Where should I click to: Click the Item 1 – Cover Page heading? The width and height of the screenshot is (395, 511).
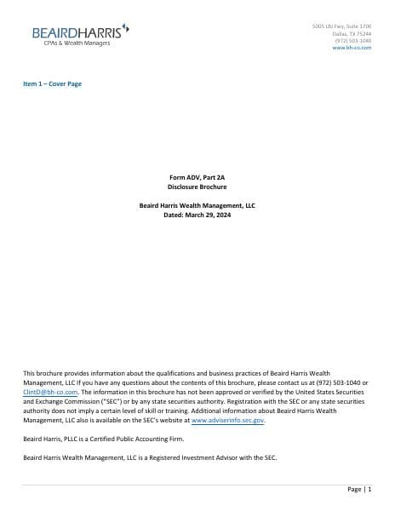[x=52, y=83]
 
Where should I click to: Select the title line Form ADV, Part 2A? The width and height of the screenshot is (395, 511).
[x=197, y=176]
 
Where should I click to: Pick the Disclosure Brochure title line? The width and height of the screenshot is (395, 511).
[x=197, y=186]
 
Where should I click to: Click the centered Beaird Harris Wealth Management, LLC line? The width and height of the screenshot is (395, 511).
[x=197, y=205]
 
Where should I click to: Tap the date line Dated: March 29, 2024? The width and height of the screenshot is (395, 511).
[x=197, y=215]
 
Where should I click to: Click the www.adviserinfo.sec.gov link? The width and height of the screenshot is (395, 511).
[x=228, y=420]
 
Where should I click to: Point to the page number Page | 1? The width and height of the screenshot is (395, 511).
[x=359, y=490]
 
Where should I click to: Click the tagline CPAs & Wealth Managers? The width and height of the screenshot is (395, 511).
[x=77, y=43]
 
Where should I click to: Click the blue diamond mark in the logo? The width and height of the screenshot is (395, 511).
[x=126, y=27]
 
